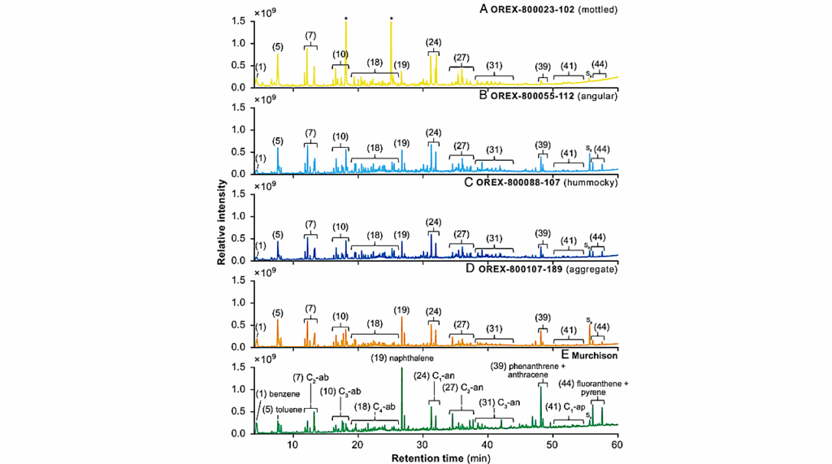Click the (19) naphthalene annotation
402,358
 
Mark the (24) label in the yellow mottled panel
433,42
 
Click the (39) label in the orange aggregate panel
543,317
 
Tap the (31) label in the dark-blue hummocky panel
493,239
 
